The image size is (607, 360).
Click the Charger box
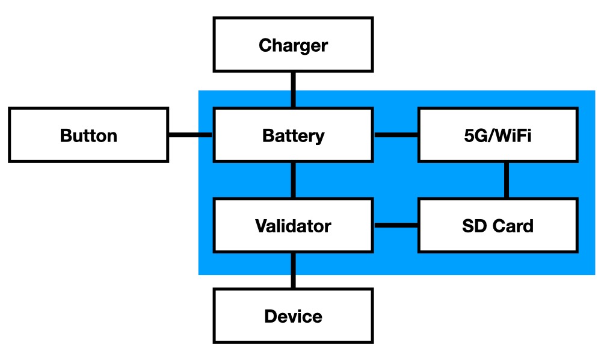[x=293, y=45]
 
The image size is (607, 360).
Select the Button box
[x=88, y=135]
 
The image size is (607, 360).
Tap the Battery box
[x=293, y=135]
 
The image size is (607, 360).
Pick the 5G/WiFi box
[x=498, y=135]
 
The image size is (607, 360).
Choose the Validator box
[x=293, y=226]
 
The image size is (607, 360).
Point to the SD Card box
[x=498, y=226]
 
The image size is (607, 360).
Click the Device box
[x=293, y=316]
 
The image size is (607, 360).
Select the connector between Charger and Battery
[x=293, y=90]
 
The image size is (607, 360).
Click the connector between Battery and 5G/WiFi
[x=395, y=135]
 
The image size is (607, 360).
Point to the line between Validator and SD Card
[x=395, y=226]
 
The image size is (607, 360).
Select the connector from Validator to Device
[x=293, y=271]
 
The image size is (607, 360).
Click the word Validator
[x=293, y=226]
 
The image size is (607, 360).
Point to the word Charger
[x=293, y=45]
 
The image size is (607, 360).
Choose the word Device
[x=293, y=317]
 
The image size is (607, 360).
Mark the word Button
[x=88, y=135]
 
